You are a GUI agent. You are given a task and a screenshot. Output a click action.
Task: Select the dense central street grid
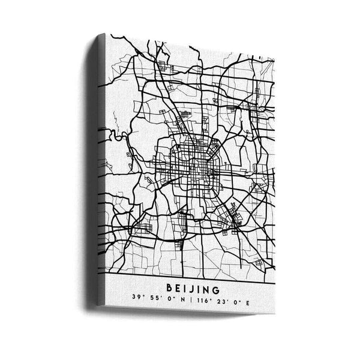pyautogui.click(x=195, y=162)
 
